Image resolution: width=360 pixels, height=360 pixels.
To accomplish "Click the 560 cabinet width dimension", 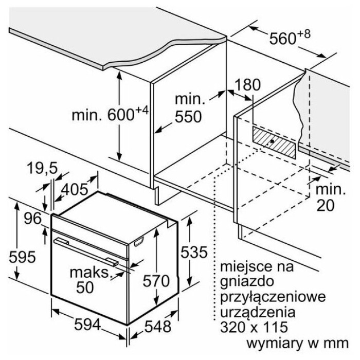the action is pyautogui.click(x=290, y=38).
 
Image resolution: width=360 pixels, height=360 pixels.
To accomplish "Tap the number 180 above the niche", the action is pyautogui.click(x=247, y=84).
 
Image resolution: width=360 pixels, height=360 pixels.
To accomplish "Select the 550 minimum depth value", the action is pyautogui.click(x=188, y=117).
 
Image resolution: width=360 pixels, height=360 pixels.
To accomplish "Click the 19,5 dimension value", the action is pyautogui.click(x=42, y=168).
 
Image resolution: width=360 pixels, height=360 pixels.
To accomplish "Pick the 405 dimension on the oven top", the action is pyautogui.click(x=75, y=190).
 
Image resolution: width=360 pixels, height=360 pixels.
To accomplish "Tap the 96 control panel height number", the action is pyautogui.click(x=33, y=219).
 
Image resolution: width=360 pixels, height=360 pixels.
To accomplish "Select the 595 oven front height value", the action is pyautogui.click(x=22, y=257).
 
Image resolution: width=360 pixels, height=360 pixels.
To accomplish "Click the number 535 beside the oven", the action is pyautogui.click(x=194, y=252).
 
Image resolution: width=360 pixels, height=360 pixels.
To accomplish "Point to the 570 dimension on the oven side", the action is pyautogui.click(x=156, y=281).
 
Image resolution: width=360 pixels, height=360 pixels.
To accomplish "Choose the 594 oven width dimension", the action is pyautogui.click(x=88, y=325).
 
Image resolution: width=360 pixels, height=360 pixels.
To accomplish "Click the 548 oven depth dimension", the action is pyautogui.click(x=158, y=326).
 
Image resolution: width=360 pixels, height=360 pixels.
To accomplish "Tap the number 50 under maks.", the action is pyautogui.click(x=85, y=287).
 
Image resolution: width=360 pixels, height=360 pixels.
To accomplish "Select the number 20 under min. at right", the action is pyautogui.click(x=326, y=205).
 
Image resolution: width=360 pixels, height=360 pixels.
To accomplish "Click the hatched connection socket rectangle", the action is pyautogui.click(x=274, y=142).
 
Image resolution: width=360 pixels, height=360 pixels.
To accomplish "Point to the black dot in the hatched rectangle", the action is pyautogui.click(x=272, y=141).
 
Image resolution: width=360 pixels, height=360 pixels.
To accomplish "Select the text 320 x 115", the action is pyautogui.click(x=254, y=327).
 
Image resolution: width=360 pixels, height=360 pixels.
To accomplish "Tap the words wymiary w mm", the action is pyautogui.click(x=298, y=343).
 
